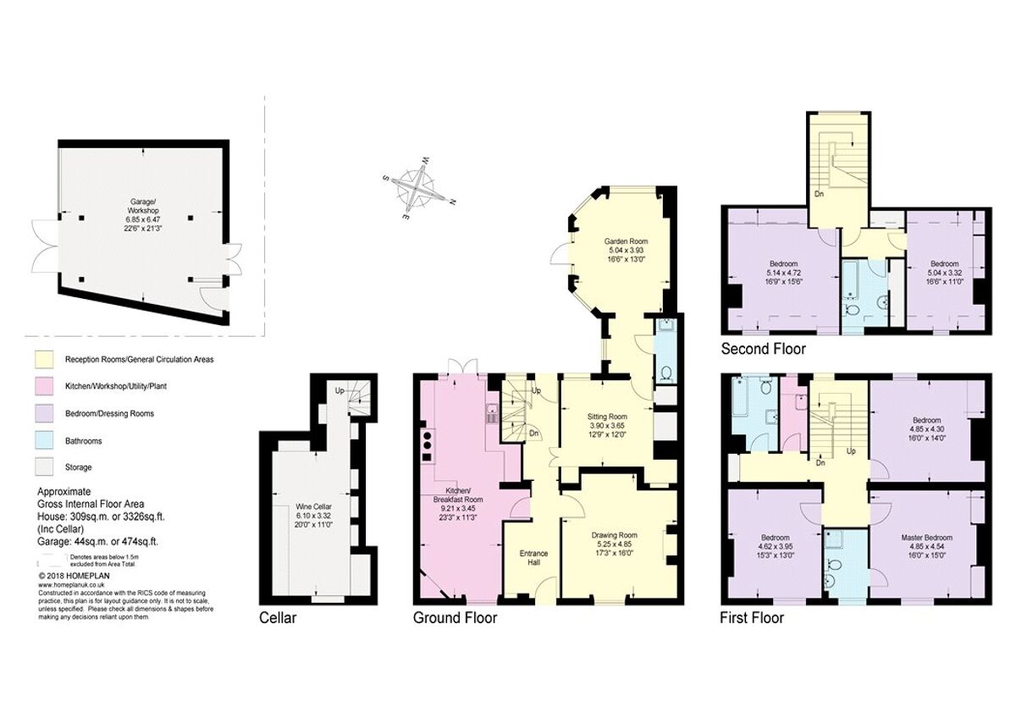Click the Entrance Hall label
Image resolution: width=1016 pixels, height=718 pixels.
(533, 559)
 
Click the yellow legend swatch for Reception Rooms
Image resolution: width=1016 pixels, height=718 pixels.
(47, 360)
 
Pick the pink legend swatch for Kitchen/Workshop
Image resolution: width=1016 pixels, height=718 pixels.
(47, 387)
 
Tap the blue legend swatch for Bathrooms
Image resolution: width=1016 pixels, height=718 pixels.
(47, 440)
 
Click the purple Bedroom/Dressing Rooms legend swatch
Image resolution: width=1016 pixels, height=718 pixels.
(47, 413)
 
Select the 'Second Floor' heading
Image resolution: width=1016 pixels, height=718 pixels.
(763, 349)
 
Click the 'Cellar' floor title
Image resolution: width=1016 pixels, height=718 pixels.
(278, 618)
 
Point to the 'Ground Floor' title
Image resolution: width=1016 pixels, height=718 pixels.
(455, 618)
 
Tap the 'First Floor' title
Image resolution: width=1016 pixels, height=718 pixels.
(751, 618)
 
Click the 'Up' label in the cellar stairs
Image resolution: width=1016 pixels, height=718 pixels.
(340, 390)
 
